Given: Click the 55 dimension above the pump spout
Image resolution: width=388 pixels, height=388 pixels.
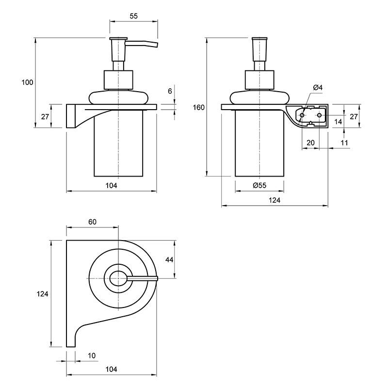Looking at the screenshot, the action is click(134, 16).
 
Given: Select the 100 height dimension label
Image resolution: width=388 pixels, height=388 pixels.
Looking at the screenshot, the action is click(27, 82).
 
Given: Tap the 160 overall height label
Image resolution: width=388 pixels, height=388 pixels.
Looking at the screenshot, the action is click(199, 107).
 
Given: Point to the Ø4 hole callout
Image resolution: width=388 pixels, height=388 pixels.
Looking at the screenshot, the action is click(318, 87).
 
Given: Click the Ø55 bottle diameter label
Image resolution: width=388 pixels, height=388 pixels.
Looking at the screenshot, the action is click(259, 185).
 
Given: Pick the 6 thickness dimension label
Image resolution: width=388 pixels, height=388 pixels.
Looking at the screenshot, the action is click(170, 91).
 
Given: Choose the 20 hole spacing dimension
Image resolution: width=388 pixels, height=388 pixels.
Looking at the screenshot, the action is click(310, 143).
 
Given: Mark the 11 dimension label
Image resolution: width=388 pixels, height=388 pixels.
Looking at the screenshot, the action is click(344, 143).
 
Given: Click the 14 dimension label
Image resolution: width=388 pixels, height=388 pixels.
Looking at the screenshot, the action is click(338, 122).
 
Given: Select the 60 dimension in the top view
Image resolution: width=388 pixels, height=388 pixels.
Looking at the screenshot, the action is click(92, 222).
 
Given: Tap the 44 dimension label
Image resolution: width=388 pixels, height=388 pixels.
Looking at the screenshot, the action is click(169, 259).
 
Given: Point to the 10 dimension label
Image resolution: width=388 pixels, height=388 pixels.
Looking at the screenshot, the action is click(92, 356).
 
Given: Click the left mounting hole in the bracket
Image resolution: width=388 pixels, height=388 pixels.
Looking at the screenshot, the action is click(302, 115).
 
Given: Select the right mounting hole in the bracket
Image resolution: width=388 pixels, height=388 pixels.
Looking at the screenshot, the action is click(319, 115).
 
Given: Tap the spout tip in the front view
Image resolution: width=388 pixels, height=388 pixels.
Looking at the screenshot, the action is click(157, 45).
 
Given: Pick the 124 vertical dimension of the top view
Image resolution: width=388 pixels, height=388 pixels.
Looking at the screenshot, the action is click(42, 294).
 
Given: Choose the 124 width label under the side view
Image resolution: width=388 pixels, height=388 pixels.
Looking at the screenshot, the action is click(275, 200).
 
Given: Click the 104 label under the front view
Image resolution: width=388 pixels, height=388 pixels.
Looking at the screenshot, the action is click(112, 185).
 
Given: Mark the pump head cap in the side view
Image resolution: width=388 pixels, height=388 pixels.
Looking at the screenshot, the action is click(259, 39).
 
